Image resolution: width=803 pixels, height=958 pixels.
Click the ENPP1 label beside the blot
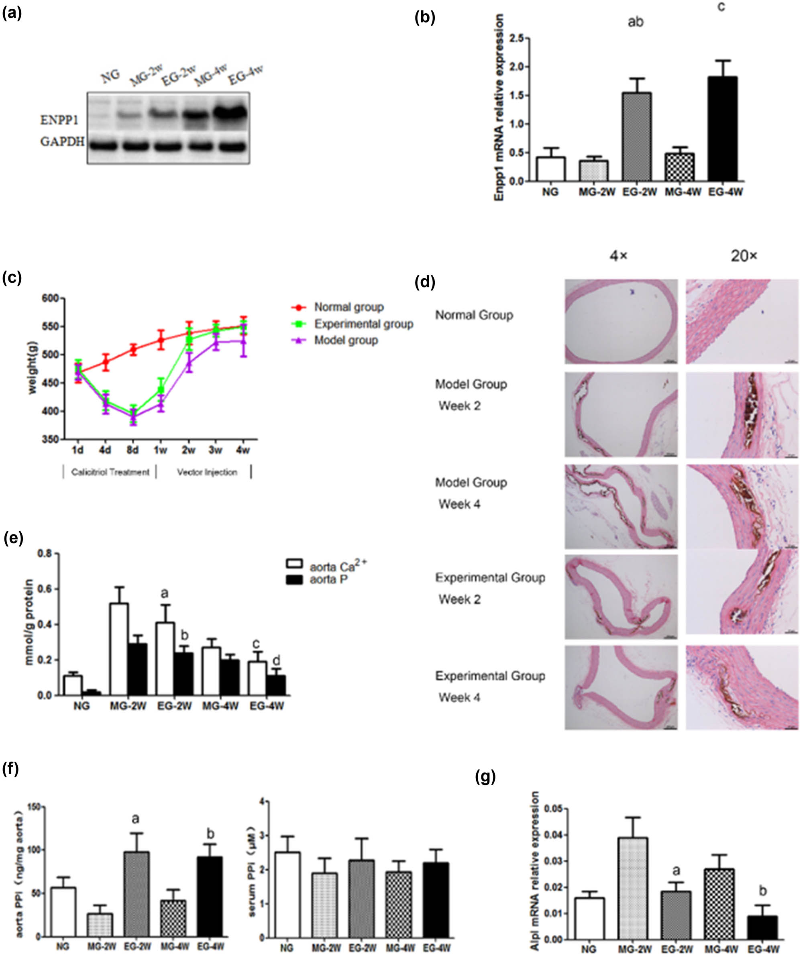[59, 120]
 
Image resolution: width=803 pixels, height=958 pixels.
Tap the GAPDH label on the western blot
[62, 142]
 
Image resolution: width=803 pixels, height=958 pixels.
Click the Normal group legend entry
[349, 307]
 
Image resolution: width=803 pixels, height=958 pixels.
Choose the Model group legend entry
[346, 340]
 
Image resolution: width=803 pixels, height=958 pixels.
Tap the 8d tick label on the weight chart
[132, 450]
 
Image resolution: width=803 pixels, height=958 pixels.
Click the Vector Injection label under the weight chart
[207, 472]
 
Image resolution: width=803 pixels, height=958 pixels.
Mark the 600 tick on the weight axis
[51, 298]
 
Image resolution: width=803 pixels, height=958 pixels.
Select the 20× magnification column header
[744, 256]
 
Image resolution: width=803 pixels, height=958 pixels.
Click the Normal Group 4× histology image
[621, 322]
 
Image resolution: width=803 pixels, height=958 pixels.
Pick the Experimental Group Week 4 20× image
[742, 687]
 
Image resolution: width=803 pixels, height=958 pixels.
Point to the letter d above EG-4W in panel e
[276, 660]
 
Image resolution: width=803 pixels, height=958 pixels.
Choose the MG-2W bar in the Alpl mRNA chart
[633, 888]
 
